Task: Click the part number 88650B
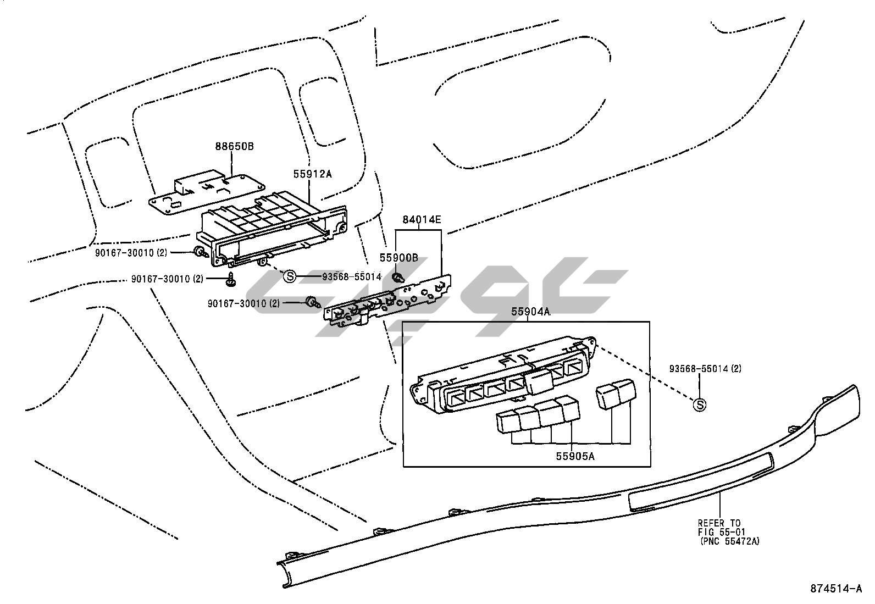pyautogui.click(x=234, y=147)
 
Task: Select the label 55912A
pyautogui.click(x=313, y=174)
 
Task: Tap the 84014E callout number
pyautogui.click(x=422, y=220)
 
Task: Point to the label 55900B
pyautogui.click(x=398, y=258)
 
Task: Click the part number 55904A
pyautogui.click(x=530, y=312)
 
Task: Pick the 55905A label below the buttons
pyautogui.click(x=575, y=456)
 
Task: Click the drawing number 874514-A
pyautogui.click(x=836, y=589)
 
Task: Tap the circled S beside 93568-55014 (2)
pyautogui.click(x=700, y=405)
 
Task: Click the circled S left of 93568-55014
pyautogui.click(x=290, y=276)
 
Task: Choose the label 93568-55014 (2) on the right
pyautogui.click(x=705, y=369)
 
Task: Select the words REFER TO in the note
pyautogui.click(x=719, y=523)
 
